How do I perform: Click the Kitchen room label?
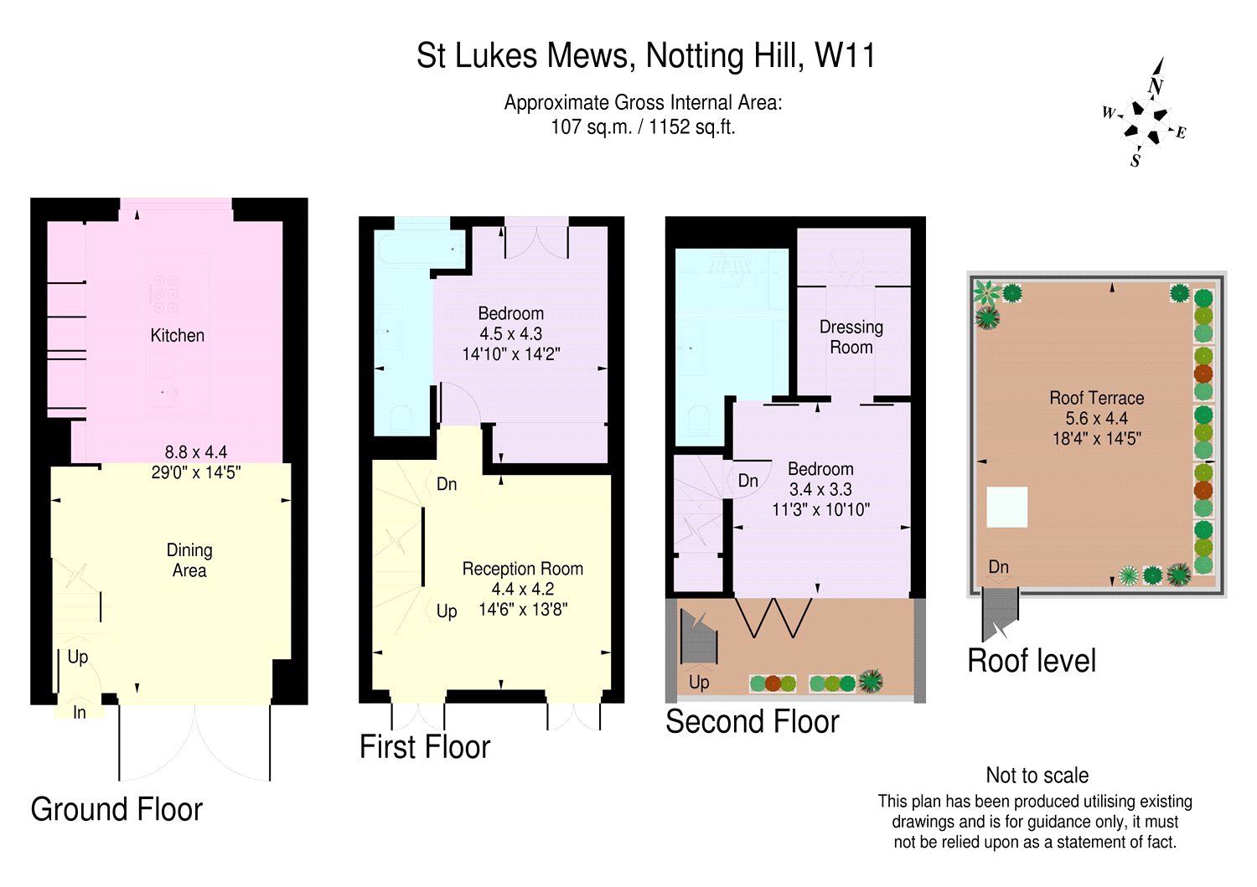178,336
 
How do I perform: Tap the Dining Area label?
189,560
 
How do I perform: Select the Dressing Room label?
851,338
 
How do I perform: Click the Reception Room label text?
522,569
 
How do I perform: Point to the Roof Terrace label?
1096,398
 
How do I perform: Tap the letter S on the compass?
1135,161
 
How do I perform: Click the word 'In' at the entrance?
79,713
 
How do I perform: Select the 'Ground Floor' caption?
116,810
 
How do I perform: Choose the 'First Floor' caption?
425,747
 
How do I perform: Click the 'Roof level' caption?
1032,660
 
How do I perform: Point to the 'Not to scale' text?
1037,776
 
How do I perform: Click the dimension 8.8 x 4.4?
196,452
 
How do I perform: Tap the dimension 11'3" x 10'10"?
821,509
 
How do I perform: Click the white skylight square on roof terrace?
1006,508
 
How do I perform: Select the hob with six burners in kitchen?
166,293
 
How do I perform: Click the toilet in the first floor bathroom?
401,419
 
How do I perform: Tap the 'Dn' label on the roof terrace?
998,567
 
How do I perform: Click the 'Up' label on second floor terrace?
699,683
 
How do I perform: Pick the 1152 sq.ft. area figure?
692,127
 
